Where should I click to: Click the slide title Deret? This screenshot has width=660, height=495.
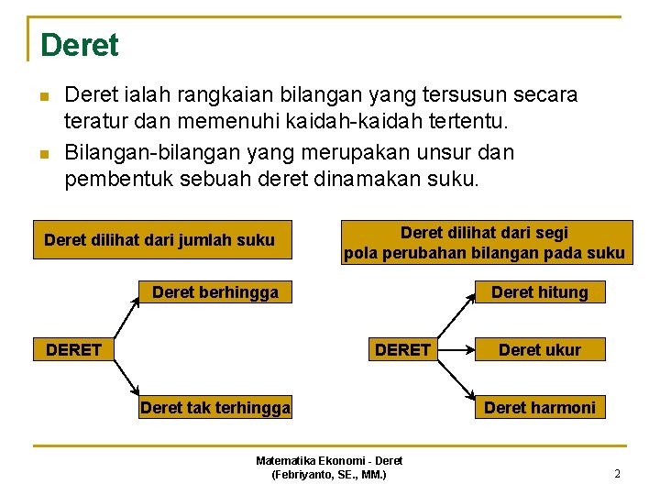tap(80, 45)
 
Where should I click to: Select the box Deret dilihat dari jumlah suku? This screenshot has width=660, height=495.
tap(160, 240)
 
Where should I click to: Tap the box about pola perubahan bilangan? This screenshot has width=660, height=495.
tap(485, 243)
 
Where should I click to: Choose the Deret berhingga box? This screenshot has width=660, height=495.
tap(214, 292)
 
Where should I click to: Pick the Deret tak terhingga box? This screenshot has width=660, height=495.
tap(214, 408)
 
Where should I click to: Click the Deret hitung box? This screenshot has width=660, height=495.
tap(539, 292)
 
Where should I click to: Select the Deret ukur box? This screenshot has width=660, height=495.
tap(539, 349)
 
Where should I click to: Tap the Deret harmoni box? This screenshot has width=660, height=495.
tap(539, 407)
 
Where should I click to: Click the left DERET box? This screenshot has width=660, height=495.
tap(73, 349)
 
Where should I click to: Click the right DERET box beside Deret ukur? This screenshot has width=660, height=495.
tap(402, 349)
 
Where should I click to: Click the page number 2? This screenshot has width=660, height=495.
tap(617, 474)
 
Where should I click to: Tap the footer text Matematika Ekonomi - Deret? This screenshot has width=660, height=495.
tap(329, 460)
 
